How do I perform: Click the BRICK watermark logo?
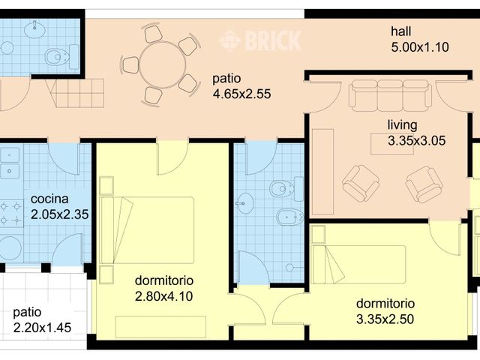click(x=260, y=40)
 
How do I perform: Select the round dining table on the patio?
click(x=162, y=64)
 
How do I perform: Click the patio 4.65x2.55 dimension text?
click(x=241, y=87)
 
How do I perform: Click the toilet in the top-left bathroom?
click(x=58, y=57)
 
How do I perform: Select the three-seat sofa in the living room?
click(x=389, y=95)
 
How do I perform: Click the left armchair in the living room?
click(x=361, y=184)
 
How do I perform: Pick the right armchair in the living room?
click(x=424, y=184)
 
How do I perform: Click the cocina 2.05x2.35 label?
click(x=60, y=207)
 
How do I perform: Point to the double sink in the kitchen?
click(x=10, y=163)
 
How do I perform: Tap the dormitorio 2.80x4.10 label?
click(x=164, y=289)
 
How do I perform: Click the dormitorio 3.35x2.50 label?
click(x=385, y=312)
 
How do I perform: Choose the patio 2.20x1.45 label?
click(x=42, y=319)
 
